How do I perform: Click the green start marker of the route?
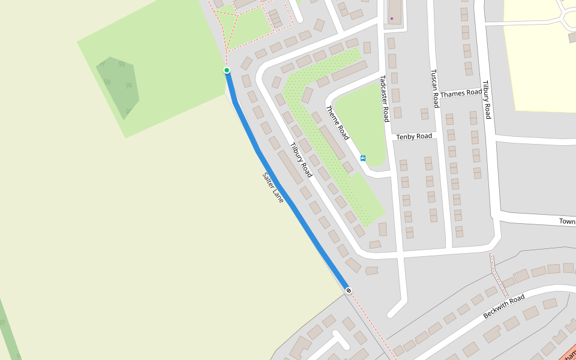227,70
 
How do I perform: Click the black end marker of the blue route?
349,290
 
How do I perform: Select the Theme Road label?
337,122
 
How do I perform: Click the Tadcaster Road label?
385,98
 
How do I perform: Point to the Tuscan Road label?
435,88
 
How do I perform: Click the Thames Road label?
461,94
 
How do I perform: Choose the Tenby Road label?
414,137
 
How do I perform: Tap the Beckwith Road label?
504,306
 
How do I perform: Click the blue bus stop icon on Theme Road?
363,158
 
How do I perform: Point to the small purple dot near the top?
392,19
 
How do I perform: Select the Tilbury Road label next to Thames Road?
487,100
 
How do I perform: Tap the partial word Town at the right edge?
567,221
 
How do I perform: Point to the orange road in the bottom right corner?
569,353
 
